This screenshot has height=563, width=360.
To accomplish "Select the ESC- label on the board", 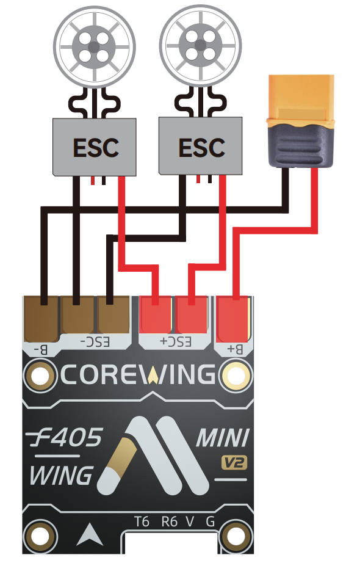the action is [x=95, y=343].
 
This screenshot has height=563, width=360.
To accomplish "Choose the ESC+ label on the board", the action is [x=176, y=342].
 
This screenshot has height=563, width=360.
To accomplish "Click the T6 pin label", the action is [x=142, y=521].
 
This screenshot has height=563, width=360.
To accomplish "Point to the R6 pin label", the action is [x=170, y=521].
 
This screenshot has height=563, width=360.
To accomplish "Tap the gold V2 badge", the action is [x=234, y=463].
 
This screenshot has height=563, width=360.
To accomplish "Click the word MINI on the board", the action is [x=223, y=438].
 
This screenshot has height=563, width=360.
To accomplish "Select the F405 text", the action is [x=64, y=437].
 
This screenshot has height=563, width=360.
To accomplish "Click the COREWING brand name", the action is [x=138, y=374].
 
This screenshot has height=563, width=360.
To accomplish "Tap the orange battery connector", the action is [x=301, y=121].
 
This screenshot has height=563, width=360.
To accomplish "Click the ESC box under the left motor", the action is [x=95, y=147].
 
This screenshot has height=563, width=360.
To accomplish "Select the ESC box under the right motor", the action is [x=200, y=147].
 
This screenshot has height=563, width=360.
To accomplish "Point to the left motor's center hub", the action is [x=94, y=46].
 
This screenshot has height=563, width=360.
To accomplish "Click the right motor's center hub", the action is [x=200, y=46].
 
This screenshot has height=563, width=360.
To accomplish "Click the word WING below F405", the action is [x=61, y=476].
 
